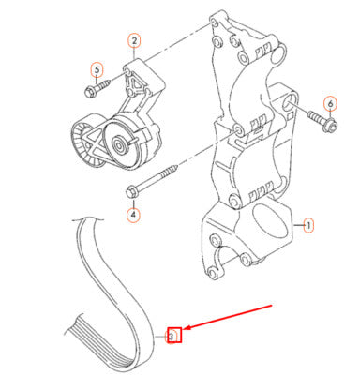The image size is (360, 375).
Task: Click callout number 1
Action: tap(308, 225)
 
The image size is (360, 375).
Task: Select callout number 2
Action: tap(134, 41)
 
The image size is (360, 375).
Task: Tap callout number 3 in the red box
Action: tap(172, 337)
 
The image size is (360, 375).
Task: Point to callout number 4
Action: tap(134, 215)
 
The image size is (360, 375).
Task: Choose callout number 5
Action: tap(97, 69)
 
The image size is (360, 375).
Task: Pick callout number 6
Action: tap(331, 104)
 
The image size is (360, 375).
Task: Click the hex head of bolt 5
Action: tap(89, 91)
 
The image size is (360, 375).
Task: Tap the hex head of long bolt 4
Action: tap(131, 191)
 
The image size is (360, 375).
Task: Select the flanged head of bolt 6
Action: tap(331, 125)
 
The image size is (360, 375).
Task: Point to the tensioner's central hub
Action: tap(119, 144)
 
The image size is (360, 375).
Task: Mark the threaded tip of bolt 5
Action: tap(107, 83)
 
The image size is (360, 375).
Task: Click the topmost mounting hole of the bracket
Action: tap(214, 22)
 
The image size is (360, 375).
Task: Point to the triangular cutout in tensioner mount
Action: tap(135, 83)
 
